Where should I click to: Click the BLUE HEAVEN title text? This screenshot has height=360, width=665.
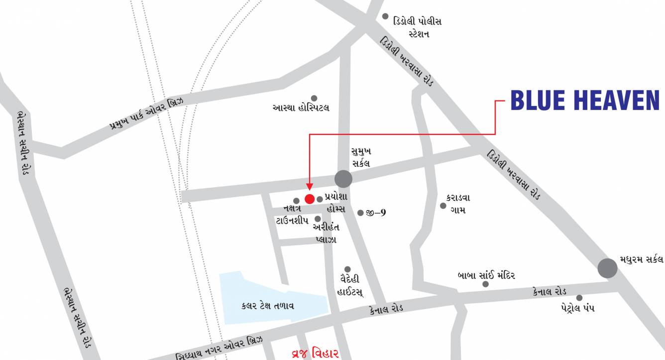click(x=585, y=101)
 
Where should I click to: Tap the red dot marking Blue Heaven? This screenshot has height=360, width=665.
click(x=309, y=199)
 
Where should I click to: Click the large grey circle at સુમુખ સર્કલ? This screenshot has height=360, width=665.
click(x=343, y=179)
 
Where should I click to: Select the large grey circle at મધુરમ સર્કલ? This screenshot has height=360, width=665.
click(x=607, y=268)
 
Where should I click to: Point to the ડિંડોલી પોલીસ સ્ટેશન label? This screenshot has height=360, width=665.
click(x=417, y=27)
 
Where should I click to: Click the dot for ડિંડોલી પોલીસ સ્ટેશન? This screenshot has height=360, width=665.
click(x=385, y=16)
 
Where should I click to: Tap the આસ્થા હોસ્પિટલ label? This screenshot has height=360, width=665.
click(x=301, y=108)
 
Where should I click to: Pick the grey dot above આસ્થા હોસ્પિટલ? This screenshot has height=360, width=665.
click(x=314, y=98)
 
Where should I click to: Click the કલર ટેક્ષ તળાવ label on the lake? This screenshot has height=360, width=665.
click(x=267, y=306)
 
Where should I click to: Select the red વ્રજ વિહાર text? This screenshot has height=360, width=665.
click(x=315, y=354)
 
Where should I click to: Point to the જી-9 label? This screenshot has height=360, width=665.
click(x=376, y=213)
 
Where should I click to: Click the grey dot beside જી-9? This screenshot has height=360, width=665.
click(x=360, y=213)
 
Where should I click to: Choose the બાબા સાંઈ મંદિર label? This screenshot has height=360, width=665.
click(x=486, y=275)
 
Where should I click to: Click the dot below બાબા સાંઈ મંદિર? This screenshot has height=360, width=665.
click(x=485, y=284)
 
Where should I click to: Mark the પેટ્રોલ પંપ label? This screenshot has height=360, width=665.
click(x=577, y=308)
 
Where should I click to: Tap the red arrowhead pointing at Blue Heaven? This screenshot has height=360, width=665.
click(x=309, y=187)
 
